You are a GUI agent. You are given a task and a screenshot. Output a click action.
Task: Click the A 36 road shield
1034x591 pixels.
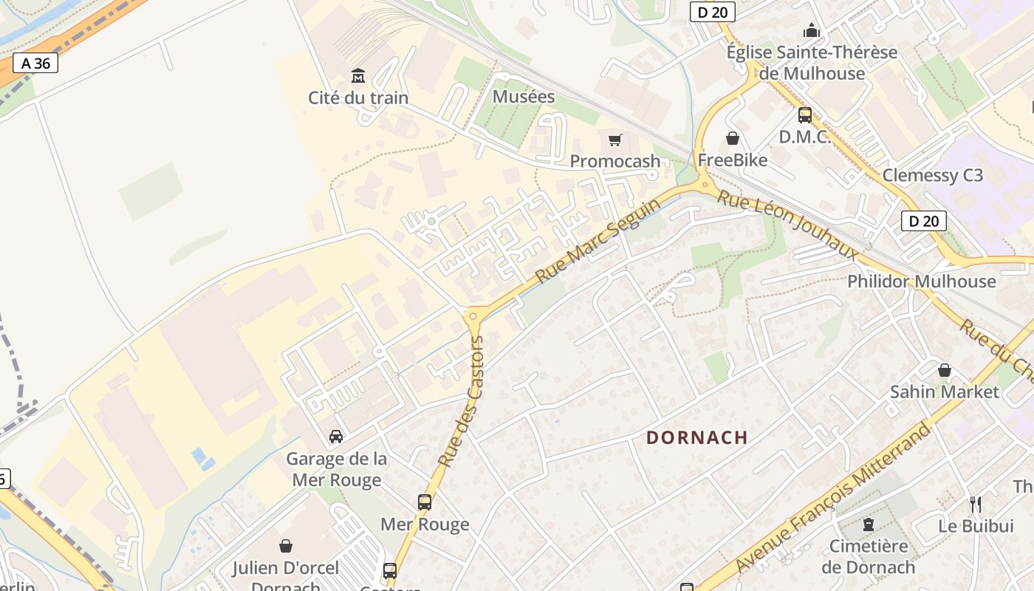tap(35, 64)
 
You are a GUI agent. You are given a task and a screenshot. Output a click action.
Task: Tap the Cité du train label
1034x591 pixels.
tap(358, 98)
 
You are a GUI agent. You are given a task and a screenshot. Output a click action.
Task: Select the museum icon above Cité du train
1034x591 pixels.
tap(358, 75)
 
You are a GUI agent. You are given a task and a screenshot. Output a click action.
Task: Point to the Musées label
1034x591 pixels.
tap(524, 97)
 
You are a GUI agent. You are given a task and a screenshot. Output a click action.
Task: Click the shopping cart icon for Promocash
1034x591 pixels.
tap(615, 140)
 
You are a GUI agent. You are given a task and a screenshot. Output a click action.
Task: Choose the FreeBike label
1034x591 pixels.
tap(733, 160)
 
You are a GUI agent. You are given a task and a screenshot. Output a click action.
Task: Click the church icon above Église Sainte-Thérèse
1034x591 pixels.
tap(812, 30)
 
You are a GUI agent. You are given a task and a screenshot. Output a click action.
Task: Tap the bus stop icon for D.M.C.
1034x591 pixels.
tap(804, 115)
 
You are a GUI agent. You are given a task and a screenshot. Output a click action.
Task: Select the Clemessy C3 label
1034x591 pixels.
tap(933, 175)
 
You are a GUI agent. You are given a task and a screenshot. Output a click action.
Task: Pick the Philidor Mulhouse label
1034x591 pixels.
tap(921, 281)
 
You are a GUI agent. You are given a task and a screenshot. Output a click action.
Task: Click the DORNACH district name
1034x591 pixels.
tap(697, 437)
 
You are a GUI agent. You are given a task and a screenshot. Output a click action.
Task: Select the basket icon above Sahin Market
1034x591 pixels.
tap(944, 370)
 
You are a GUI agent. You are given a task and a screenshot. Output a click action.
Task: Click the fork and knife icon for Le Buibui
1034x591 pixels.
tap(976, 505)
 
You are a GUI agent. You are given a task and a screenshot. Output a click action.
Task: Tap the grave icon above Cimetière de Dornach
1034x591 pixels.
tap(869, 525)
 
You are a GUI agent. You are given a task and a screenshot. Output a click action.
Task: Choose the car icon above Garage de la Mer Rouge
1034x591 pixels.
tap(336, 437)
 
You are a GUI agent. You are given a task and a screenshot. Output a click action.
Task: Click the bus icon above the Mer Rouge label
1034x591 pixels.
tap(425, 502)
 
